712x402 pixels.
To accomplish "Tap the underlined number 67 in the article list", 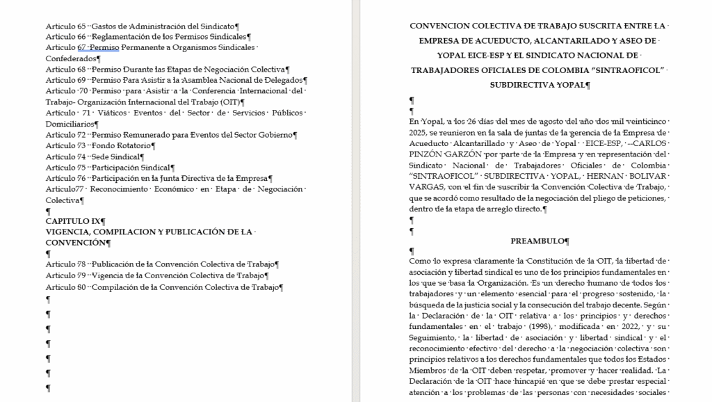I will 82,47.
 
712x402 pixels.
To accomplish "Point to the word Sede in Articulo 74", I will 101,156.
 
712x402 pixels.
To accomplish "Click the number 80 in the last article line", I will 82,287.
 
